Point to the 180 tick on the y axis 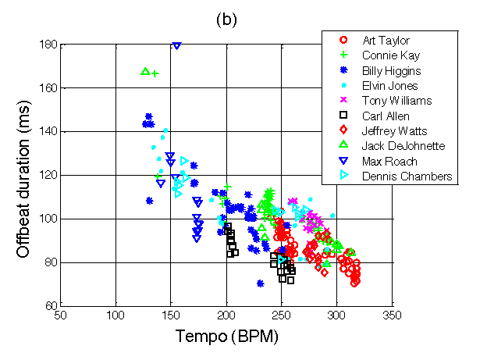coord(49,45)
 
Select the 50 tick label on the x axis coord(61,315)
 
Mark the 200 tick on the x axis coord(226,315)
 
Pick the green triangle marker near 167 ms coord(144,72)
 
